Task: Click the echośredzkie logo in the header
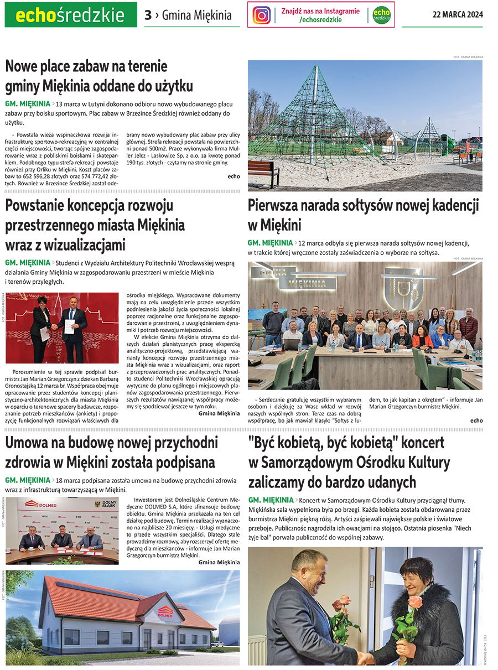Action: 70,15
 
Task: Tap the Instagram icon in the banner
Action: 262,15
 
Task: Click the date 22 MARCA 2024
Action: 457,15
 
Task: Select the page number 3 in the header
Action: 148,15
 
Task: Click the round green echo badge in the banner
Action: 381,15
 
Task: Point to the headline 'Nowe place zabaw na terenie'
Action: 86,67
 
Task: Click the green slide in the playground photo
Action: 447,145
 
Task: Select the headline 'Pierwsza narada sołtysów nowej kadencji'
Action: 363,206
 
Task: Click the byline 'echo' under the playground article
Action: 234,176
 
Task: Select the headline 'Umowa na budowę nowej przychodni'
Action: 111,443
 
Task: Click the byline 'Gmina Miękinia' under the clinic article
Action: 219,562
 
